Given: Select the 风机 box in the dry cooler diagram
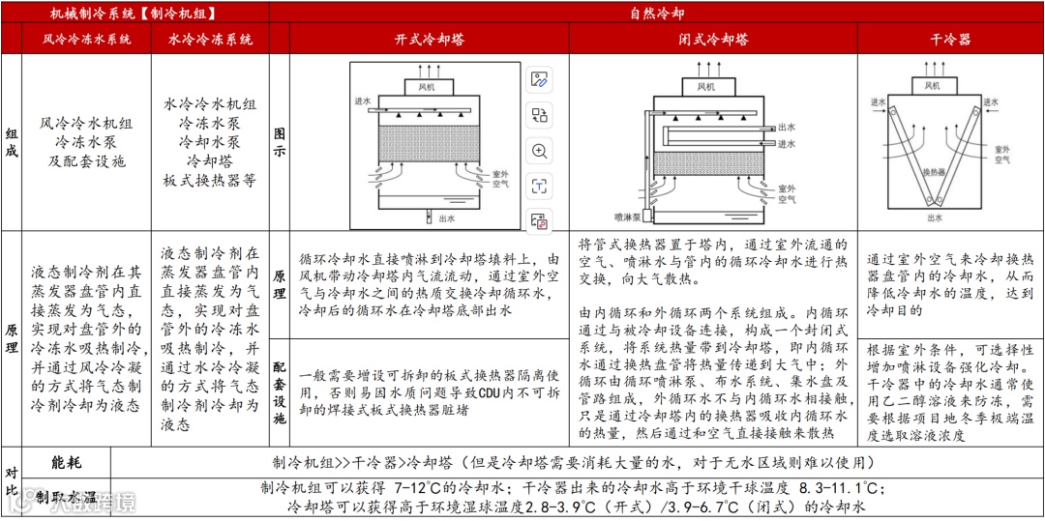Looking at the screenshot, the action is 932,85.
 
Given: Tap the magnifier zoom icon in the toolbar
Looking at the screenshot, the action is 540,151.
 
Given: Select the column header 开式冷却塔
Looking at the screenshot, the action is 430,40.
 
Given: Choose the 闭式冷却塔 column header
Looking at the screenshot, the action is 713,40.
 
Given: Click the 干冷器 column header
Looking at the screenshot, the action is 949,40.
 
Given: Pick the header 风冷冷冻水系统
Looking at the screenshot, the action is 86,40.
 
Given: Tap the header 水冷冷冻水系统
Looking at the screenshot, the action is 210,40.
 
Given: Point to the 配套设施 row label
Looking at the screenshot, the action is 280,392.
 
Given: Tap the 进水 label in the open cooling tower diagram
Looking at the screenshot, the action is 363,101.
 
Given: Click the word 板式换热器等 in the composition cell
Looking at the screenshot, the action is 210,180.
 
